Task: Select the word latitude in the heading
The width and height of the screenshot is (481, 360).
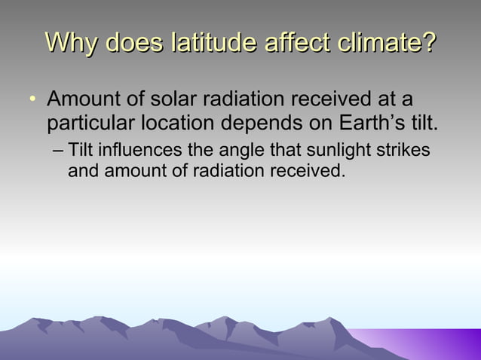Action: (213, 43)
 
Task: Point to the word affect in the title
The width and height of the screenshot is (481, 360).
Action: (293, 43)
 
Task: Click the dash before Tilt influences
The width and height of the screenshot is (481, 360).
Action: (59, 151)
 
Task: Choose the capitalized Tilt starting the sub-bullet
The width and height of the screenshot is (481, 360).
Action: (79, 150)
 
